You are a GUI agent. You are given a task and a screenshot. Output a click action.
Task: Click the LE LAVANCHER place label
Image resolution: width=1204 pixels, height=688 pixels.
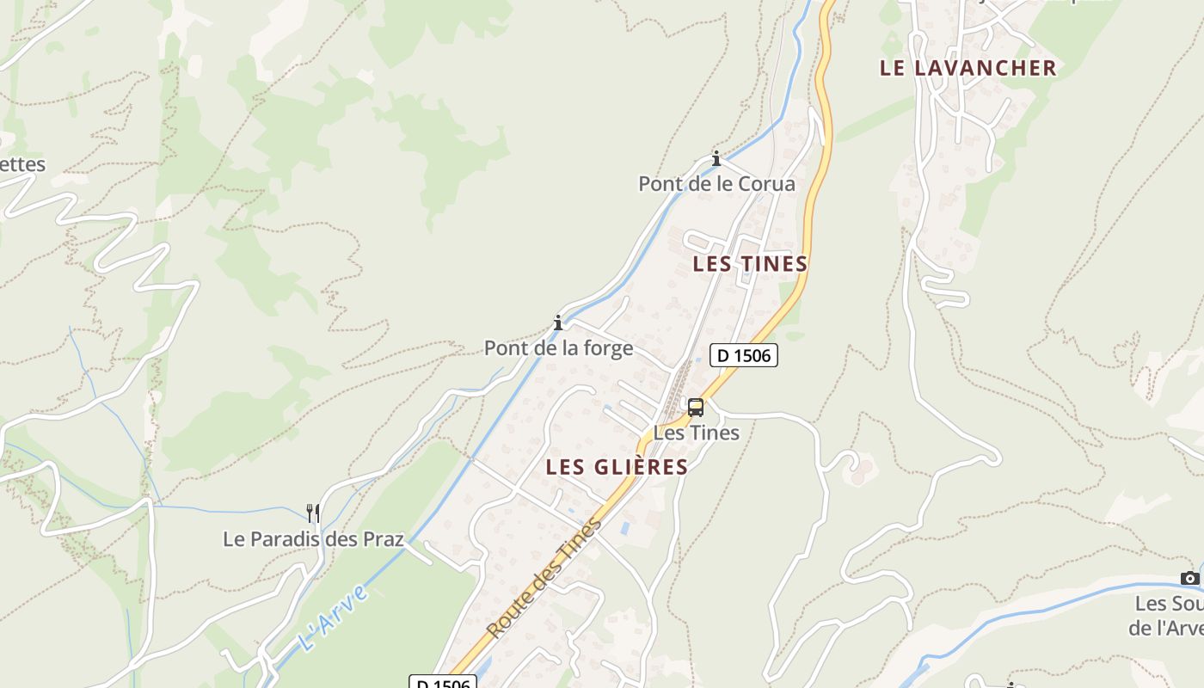coord(967,69)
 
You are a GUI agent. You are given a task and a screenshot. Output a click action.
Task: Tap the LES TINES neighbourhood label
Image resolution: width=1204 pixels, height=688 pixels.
coord(750,264)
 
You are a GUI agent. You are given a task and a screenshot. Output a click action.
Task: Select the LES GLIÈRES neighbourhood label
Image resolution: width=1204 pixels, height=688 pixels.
coord(617,467)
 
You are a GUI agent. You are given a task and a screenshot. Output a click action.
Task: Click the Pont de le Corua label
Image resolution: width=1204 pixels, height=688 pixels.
coord(716,184)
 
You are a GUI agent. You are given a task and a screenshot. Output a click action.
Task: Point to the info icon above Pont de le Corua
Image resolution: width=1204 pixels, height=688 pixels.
coord(716,158)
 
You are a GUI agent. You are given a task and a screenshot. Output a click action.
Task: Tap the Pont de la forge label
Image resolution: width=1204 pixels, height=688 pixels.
coord(558,348)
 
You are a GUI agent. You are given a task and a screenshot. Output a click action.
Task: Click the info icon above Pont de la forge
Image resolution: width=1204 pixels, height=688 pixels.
coord(558,322)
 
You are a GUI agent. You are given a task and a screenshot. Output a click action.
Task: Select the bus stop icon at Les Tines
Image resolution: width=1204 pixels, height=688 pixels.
coord(695,408)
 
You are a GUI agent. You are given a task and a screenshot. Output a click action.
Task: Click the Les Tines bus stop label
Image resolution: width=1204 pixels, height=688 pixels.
coord(696,433)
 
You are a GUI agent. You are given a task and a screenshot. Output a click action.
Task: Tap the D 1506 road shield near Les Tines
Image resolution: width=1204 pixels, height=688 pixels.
coord(743,355)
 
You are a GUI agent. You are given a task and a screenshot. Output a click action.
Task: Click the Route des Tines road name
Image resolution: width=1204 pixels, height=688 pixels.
coord(544,578)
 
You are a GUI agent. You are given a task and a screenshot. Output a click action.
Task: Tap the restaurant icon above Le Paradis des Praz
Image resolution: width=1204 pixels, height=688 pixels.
coord(313,513)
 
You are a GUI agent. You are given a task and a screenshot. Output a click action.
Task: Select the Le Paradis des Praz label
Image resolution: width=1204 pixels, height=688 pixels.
coord(313,540)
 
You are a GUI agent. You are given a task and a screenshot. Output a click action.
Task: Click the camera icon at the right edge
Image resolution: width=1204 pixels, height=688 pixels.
coord(1189,578)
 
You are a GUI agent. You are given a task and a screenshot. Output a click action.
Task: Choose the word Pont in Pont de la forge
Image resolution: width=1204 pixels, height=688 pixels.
coord(505,348)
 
